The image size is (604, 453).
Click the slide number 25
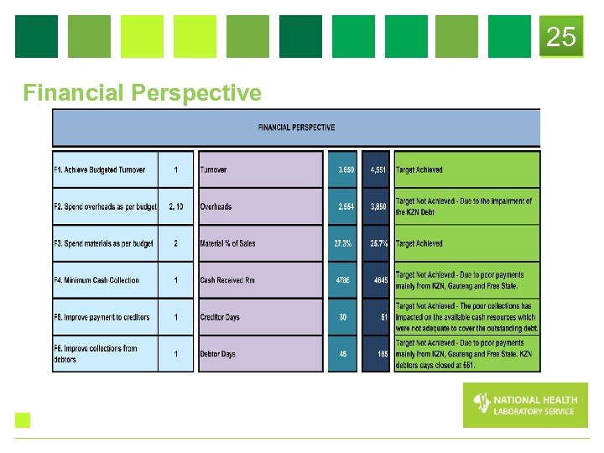(x=561, y=37)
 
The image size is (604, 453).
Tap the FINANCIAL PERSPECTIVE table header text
(x=296, y=128)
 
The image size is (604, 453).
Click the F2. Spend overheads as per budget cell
(x=105, y=206)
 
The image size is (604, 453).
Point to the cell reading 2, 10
(x=176, y=206)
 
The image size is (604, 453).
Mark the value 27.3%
(x=343, y=243)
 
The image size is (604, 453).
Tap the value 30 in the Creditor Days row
(x=343, y=317)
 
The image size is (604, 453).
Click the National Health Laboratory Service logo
(x=524, y=405)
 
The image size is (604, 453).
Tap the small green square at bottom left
(x=23, y=420)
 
